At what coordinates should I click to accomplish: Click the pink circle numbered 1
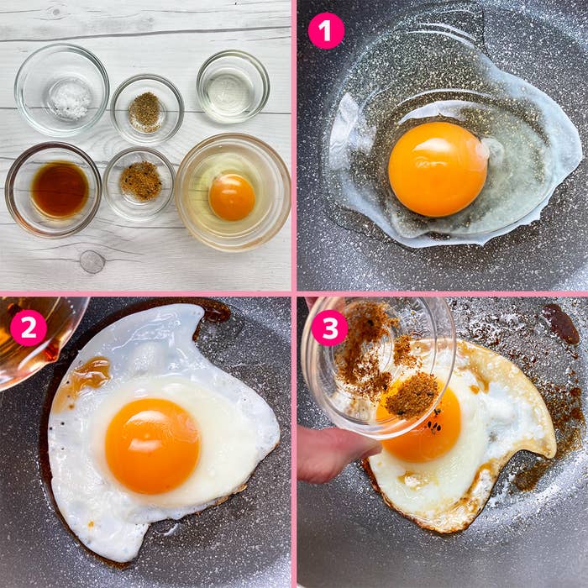click(x=326, y=31)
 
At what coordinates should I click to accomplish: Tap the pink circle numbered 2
click(x=29, y=328)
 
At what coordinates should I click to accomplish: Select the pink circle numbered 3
click(x=329, y=328)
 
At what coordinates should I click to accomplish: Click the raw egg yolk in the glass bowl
click(x=232, y=197)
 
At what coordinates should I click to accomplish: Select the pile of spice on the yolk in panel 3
click(x=412, y=396)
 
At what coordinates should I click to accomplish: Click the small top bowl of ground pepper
click(x=147, y=110)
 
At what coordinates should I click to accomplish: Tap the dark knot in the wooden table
click(x=92, y=261)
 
